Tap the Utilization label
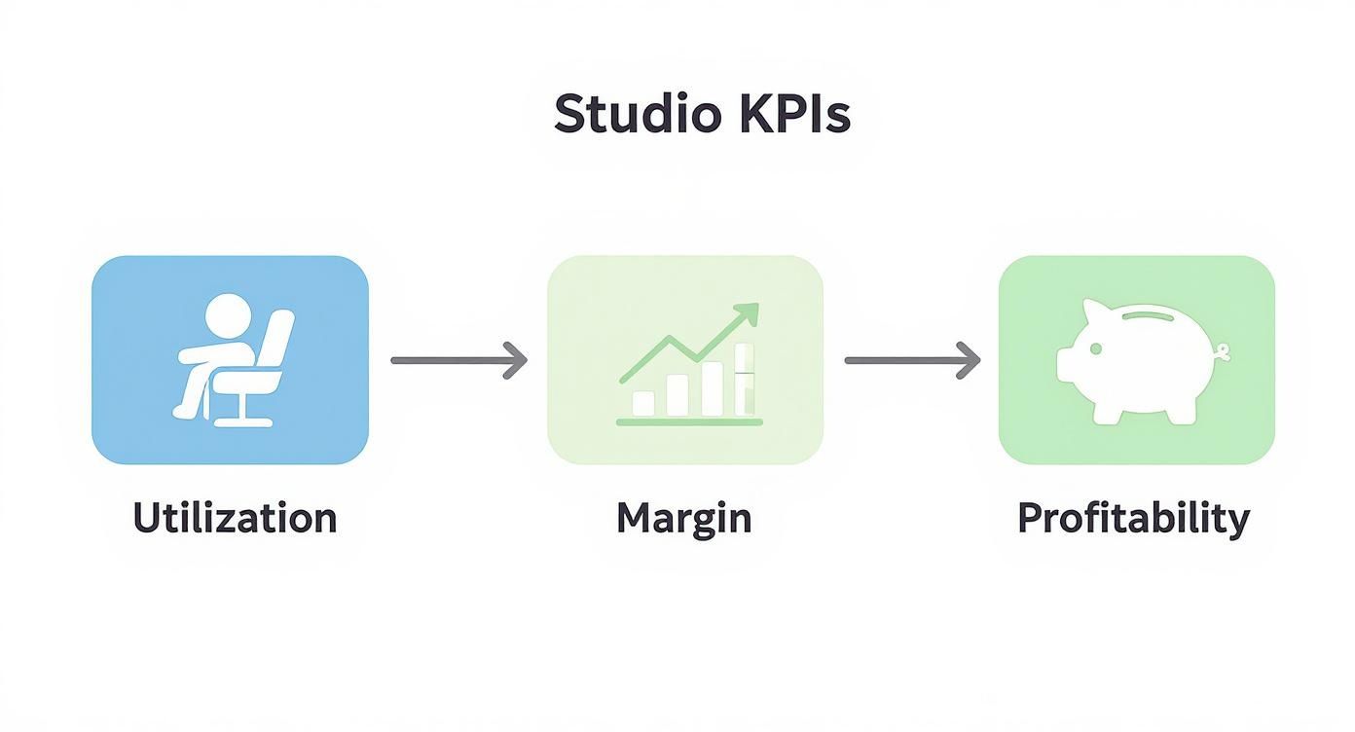[x=235, y=518]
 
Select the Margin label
[x=684, y=520]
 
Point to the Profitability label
[x=1134, y=520]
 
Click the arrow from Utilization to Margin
[x=459, y=360]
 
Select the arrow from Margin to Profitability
[x=912, y=360]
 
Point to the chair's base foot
[x=243, y=422]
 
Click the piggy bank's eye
[x=1095, y=349]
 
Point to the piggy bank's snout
[x=1065, y=364]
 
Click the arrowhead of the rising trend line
[x=747, y=312]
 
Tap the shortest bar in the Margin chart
[x=643, y=403]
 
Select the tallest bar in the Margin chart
[x=744, y=380]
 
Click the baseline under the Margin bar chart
[x=689, y=422]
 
